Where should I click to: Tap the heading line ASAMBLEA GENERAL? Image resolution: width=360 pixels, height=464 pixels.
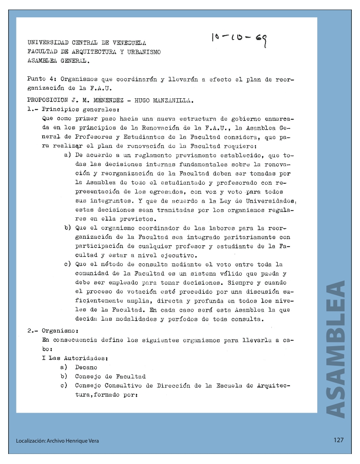click(59, 61)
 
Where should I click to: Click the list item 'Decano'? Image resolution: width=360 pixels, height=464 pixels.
click(86, 368)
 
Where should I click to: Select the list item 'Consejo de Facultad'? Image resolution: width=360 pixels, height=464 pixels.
click(110, 377)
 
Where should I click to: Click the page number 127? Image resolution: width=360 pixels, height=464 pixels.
click(338, 440)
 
